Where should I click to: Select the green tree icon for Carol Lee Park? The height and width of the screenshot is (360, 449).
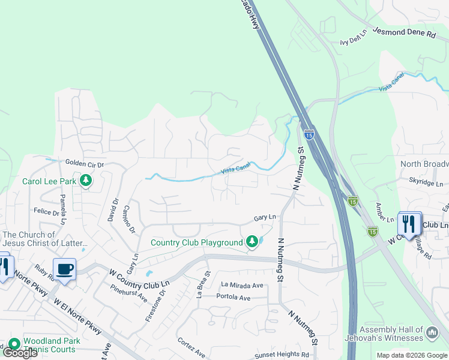(86, 180)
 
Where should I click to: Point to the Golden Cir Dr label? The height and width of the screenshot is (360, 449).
(85, 163)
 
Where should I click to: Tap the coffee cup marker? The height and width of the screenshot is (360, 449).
(64, 269)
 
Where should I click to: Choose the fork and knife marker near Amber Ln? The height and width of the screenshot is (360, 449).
(409, 224)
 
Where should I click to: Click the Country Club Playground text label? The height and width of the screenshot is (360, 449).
(196, 242)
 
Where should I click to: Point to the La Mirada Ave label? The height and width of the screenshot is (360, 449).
(242, 285)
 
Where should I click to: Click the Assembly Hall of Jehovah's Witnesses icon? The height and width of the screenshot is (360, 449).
(432, 332)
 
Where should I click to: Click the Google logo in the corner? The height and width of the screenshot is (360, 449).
(20, 353)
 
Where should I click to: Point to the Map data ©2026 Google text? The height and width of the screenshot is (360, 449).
(411, 355)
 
